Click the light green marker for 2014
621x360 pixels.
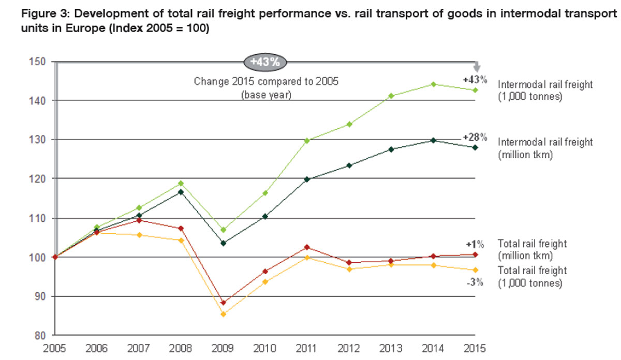click(x=433, y=84)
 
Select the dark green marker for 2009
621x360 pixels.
click(x=224, y=243)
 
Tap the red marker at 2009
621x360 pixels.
click(x=224, y=303)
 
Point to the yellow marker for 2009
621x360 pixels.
click(x=224, y=314)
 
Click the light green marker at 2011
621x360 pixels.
click(x=307, y=141)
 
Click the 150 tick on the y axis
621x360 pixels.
click(x=40, y=62)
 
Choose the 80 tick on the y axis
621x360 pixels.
click(x=42, y=335)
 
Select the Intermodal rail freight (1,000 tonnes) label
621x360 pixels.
click(x=545, y=90)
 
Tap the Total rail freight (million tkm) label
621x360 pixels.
click(x=532, y=249)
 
